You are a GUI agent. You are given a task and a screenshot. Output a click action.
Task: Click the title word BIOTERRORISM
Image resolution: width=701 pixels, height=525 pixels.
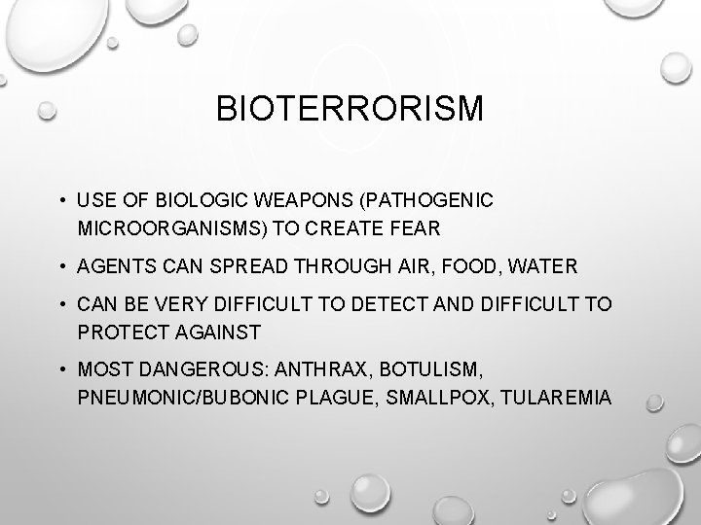click(x=350, y=109)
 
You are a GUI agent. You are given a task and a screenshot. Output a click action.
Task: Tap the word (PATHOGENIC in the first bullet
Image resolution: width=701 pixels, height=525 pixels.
click(x=429, y=200)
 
